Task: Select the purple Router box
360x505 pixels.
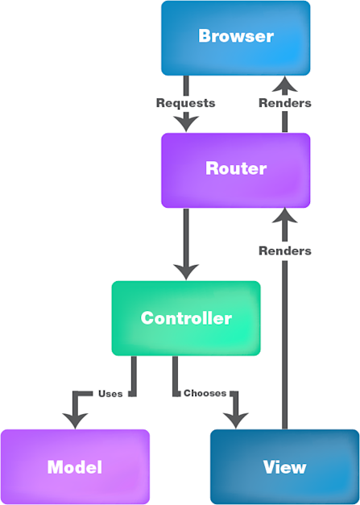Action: coord(235,170)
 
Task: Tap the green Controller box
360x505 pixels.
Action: coord(185,318)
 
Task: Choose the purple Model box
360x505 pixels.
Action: coord(74,466)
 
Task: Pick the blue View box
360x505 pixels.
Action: coord(284,466)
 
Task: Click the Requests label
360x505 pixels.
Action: coord(185,103)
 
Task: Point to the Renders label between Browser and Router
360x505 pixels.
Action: coord(284,103)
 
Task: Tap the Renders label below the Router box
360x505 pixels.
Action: coord(284,250)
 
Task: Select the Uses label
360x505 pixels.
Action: coord(110,394)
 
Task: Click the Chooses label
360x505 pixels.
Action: coord(205,394)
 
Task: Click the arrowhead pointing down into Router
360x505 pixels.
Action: coord(186,123)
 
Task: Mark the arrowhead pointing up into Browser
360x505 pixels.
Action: coord(284,84)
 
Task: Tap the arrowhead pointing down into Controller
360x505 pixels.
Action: coord(186,271)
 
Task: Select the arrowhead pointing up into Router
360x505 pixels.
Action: coord(284,216)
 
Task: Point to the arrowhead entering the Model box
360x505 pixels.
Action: coord(75,420)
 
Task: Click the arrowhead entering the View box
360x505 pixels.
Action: coord(235,420)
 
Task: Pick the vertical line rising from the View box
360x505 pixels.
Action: coord(284,346)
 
